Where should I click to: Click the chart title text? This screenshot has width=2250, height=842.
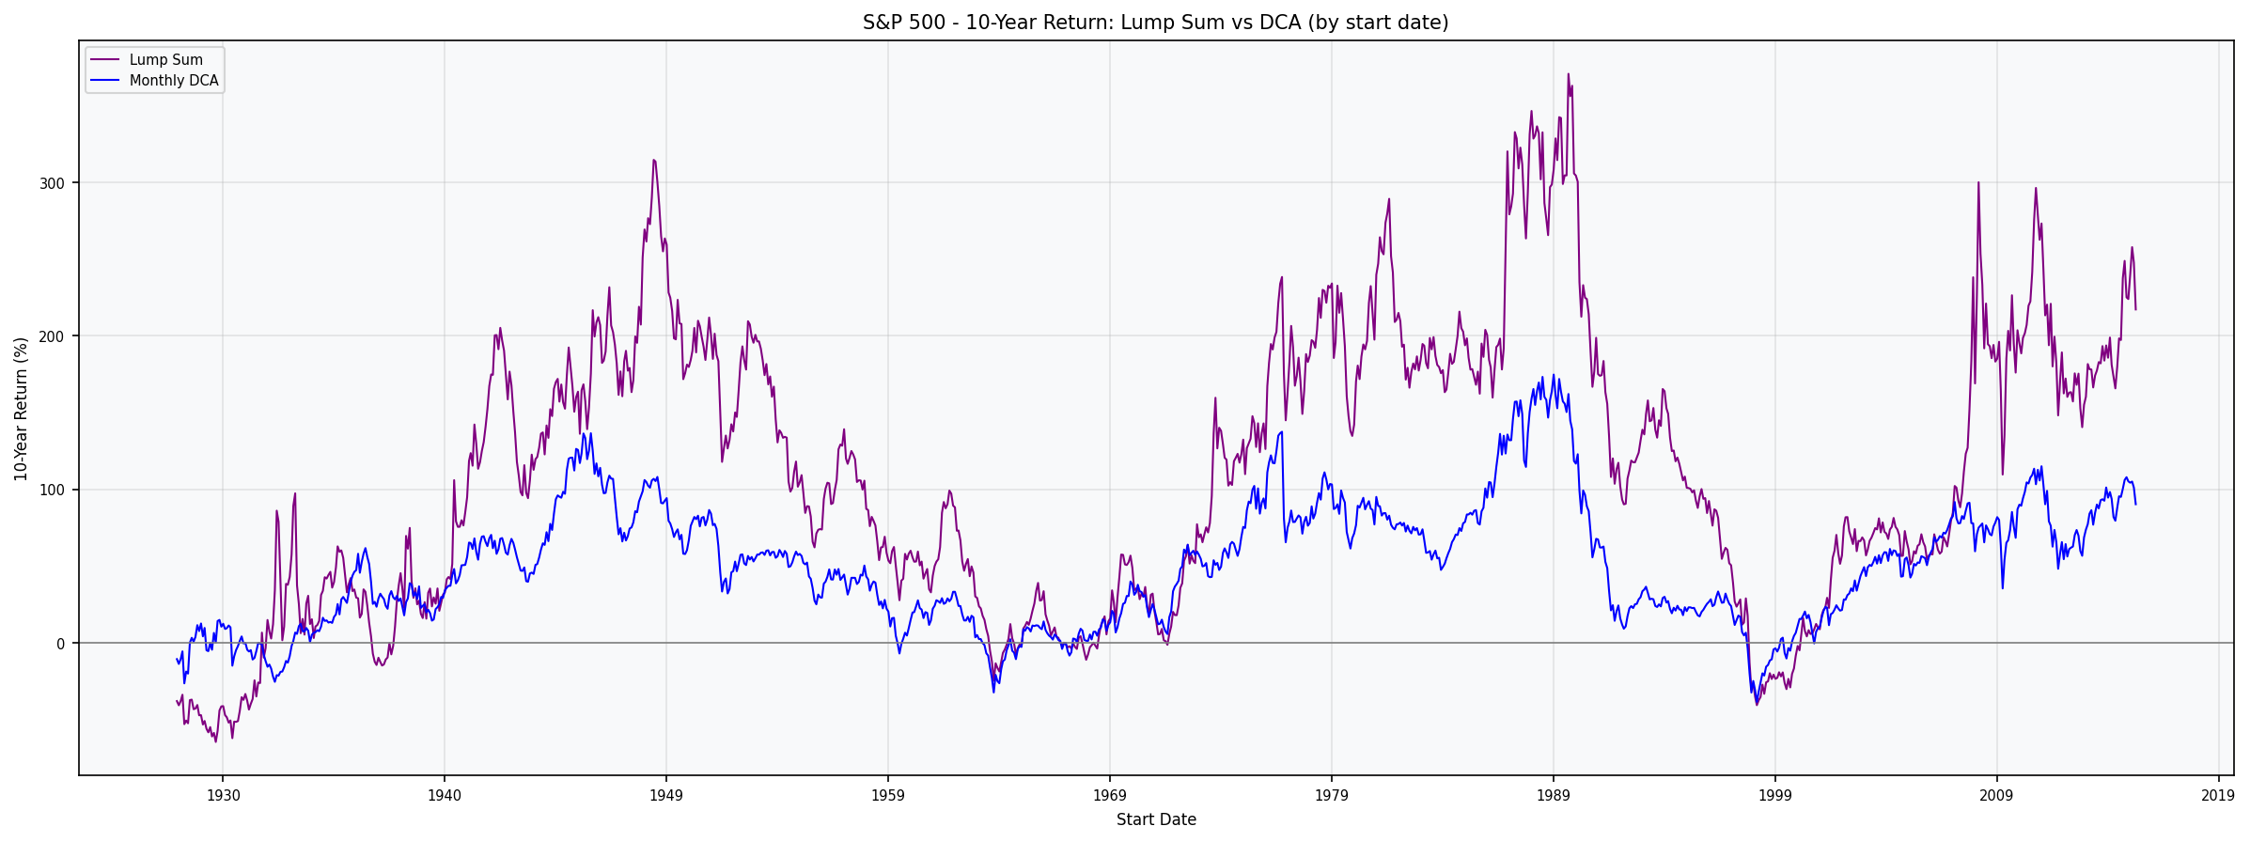[1155, 23]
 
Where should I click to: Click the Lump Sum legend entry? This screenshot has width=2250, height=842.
[165, 60]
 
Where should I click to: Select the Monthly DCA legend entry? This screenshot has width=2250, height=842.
[173, 81]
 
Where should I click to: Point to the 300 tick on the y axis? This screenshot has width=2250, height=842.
[52, 183]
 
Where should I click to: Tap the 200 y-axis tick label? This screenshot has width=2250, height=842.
[52, 336]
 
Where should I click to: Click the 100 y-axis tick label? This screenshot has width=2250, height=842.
[52, 491]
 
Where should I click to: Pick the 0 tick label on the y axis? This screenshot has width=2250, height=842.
[60, 644]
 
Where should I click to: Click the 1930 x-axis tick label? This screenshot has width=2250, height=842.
[223, 796]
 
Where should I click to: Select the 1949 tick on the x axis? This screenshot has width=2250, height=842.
[666, 796]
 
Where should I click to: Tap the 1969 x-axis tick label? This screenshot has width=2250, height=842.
[1110, 796]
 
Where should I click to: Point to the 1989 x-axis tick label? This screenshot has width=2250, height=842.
[1554, 796]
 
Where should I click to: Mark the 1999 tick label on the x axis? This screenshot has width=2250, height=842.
[1775, 796]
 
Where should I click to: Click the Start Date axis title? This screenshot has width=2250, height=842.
[1155, 820]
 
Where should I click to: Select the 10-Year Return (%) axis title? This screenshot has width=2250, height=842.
[21, 409]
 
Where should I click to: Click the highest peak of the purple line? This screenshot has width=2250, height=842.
[1568, 74]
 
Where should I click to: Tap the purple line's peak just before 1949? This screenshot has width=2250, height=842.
[653, 160]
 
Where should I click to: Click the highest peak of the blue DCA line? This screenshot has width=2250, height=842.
[1553, 375]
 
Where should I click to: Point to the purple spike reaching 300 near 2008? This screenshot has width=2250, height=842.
[1978, 183]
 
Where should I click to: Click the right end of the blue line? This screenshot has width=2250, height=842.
[2135, 505]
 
